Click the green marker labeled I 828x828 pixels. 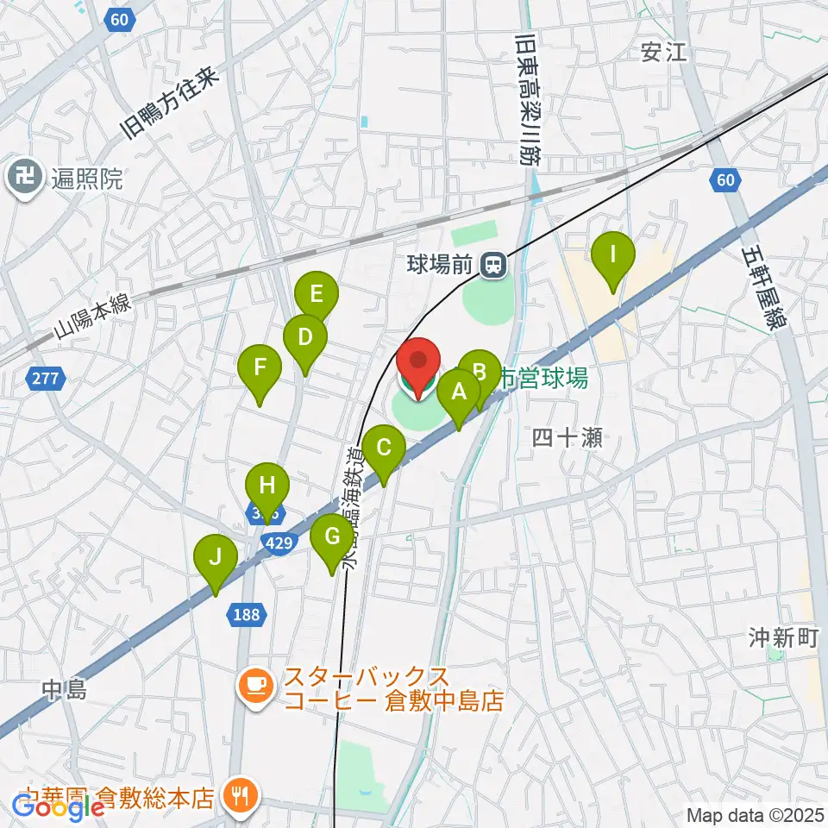tap(612, 257)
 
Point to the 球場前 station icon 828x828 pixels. tap(494, 264)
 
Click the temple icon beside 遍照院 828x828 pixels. tap(21, 179)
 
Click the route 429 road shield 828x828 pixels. tap(279, 542)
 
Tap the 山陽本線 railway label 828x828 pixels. tap(92, 317)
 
